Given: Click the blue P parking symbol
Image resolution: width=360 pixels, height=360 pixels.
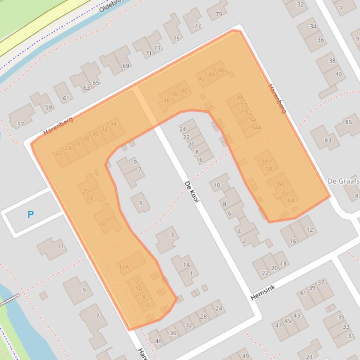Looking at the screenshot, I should [30, 215].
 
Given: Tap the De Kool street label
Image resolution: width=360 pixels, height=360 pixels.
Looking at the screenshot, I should [192, 192].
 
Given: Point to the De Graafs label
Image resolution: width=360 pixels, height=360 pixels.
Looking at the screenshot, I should [343, 181].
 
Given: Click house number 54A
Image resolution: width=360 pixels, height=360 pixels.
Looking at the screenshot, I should [257, 127].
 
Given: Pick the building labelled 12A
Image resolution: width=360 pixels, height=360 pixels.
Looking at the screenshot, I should [124, 267].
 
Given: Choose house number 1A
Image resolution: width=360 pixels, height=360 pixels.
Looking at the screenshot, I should [186, 265].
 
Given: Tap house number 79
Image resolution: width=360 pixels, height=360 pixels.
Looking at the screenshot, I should [219, 14].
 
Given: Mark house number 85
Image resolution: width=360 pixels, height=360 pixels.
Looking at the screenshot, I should [348, 122].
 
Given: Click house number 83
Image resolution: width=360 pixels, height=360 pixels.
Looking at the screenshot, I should [328, 140].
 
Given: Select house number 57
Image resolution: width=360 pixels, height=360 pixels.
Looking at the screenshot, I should [21, 124].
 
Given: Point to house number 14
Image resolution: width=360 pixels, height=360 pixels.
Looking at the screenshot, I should [102, 224].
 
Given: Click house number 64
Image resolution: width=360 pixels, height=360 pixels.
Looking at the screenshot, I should [291, 201].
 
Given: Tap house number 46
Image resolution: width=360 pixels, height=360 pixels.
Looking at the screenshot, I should [221, 71].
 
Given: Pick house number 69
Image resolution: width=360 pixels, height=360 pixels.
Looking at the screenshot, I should [125, 66].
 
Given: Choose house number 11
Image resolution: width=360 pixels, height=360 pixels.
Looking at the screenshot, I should [61, 246].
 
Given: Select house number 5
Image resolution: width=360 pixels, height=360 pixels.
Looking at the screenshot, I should [140, 202].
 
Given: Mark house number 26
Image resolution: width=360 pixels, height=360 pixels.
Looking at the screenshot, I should [77, 144].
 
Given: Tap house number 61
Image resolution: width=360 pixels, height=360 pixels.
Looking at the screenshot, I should [66, 98].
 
